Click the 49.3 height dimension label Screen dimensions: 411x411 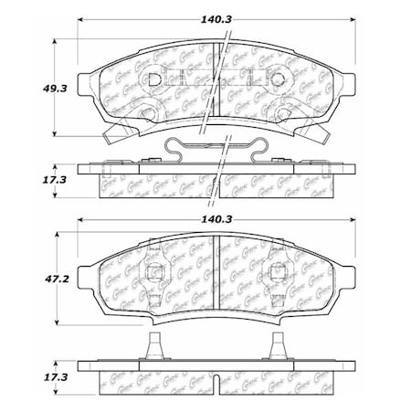(x=26, y=88)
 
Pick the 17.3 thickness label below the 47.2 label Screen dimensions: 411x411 (x=26, y=376)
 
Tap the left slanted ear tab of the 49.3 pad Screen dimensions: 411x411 (x=118, y=135)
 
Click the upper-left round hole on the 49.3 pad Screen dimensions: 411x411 (x=153, y=80)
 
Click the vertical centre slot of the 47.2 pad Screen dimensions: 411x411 (x=216, y=274)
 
